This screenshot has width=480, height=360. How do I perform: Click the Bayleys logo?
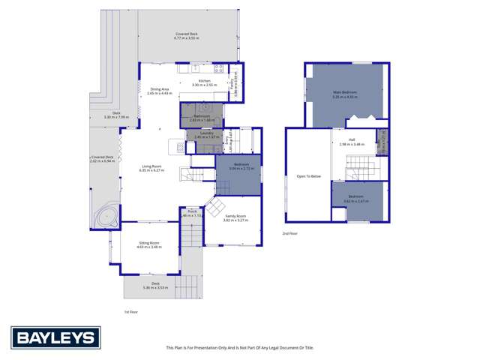(55, 337)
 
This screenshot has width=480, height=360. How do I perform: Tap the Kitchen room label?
(204, 82)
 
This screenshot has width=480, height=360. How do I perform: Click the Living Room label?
(151, 168)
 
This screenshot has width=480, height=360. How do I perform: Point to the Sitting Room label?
(149, 244)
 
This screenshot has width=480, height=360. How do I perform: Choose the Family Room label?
(235, 217)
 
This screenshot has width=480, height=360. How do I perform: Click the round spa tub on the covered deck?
(104, 217)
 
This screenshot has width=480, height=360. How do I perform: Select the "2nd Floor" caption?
(290, 234)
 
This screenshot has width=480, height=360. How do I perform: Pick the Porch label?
(191, 213)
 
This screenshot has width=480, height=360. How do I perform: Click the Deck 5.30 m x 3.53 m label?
(155, 285)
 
